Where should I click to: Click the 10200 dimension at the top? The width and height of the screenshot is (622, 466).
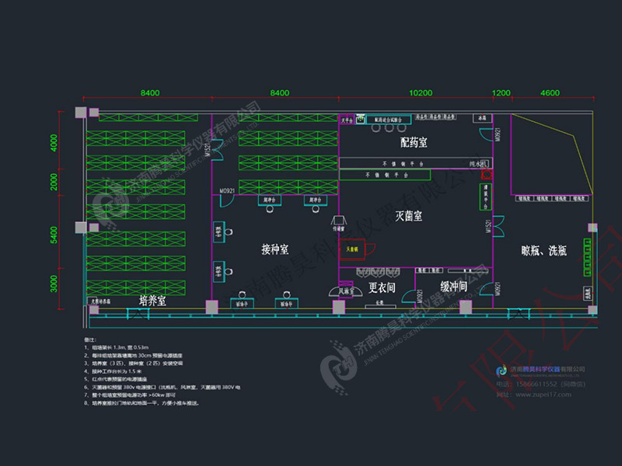coord(421,92)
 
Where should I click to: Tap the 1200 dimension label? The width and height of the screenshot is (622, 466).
coord(501,92)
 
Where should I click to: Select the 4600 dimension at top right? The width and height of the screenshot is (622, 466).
coord(550,92)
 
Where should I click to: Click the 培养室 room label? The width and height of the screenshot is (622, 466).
coord(152,300)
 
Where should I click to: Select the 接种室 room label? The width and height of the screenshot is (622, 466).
coord(275,249)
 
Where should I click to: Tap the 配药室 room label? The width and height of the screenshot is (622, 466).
coord(414,143)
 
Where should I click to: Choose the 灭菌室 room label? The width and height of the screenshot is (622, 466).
coord(409,214)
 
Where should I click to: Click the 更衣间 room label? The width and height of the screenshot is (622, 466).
coord(383,287)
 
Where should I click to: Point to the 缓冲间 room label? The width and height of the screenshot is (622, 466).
coord(453,286)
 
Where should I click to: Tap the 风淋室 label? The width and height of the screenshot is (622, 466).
coord(347,290)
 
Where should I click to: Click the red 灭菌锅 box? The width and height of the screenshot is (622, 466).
coord(354,249)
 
